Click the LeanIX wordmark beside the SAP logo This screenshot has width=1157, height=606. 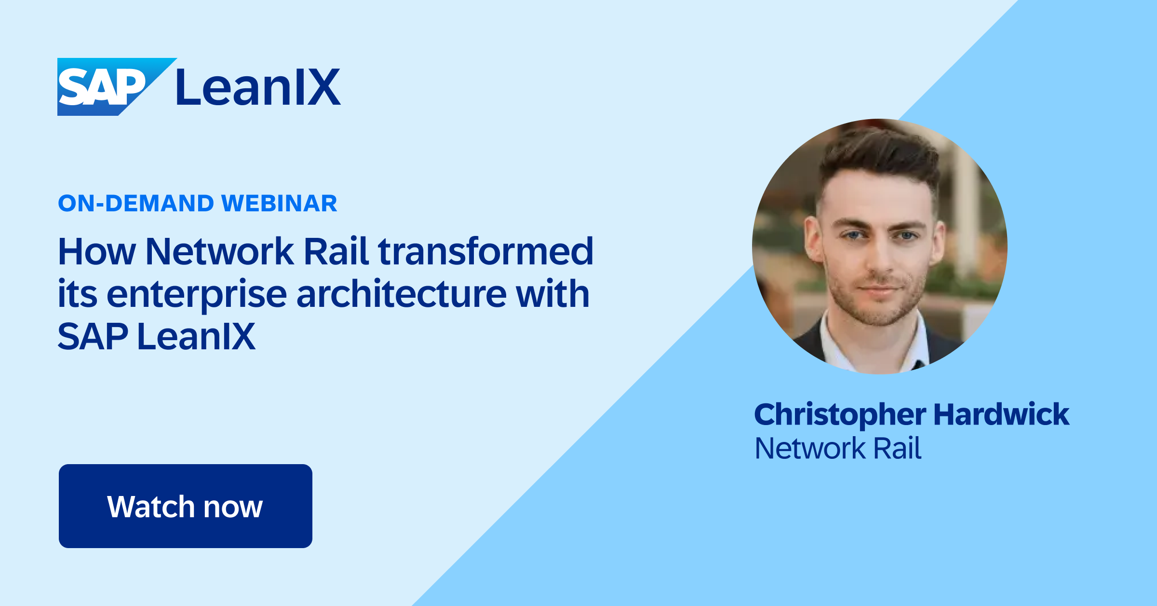(258, 87)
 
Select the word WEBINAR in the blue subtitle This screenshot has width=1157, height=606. (279, 203)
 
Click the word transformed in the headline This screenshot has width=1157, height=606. (485, 251)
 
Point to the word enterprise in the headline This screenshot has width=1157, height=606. (197, 294)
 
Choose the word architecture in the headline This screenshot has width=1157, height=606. (401, 294)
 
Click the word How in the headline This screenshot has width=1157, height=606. (97, 251)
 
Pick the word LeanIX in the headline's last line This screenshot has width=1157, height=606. (196, 336)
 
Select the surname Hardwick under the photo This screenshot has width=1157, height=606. (1001, 414)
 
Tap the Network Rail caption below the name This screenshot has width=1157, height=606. (838, 448)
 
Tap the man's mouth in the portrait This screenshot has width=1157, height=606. (879, 290)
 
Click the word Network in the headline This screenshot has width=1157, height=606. (219, 251)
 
